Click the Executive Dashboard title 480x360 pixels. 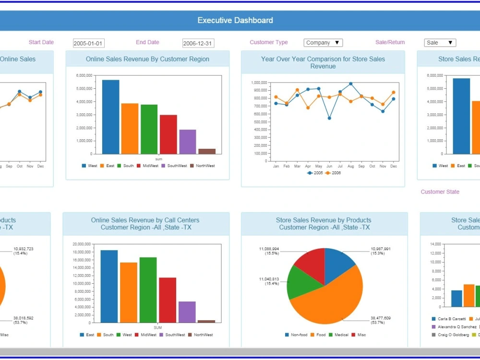235,20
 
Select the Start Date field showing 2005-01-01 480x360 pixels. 88,43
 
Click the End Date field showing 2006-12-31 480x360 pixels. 198,43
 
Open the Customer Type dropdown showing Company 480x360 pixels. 323,43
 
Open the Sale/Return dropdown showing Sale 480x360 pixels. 440,43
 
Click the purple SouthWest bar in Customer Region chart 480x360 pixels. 188,142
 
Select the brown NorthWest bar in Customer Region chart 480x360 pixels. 207,151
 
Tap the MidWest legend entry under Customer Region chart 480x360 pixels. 147,166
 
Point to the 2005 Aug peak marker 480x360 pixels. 351,84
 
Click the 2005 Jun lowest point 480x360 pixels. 329,118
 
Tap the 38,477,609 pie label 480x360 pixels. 380,318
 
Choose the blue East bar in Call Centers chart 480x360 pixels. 109,286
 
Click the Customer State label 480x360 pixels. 440,192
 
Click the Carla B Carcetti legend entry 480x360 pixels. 449,318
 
